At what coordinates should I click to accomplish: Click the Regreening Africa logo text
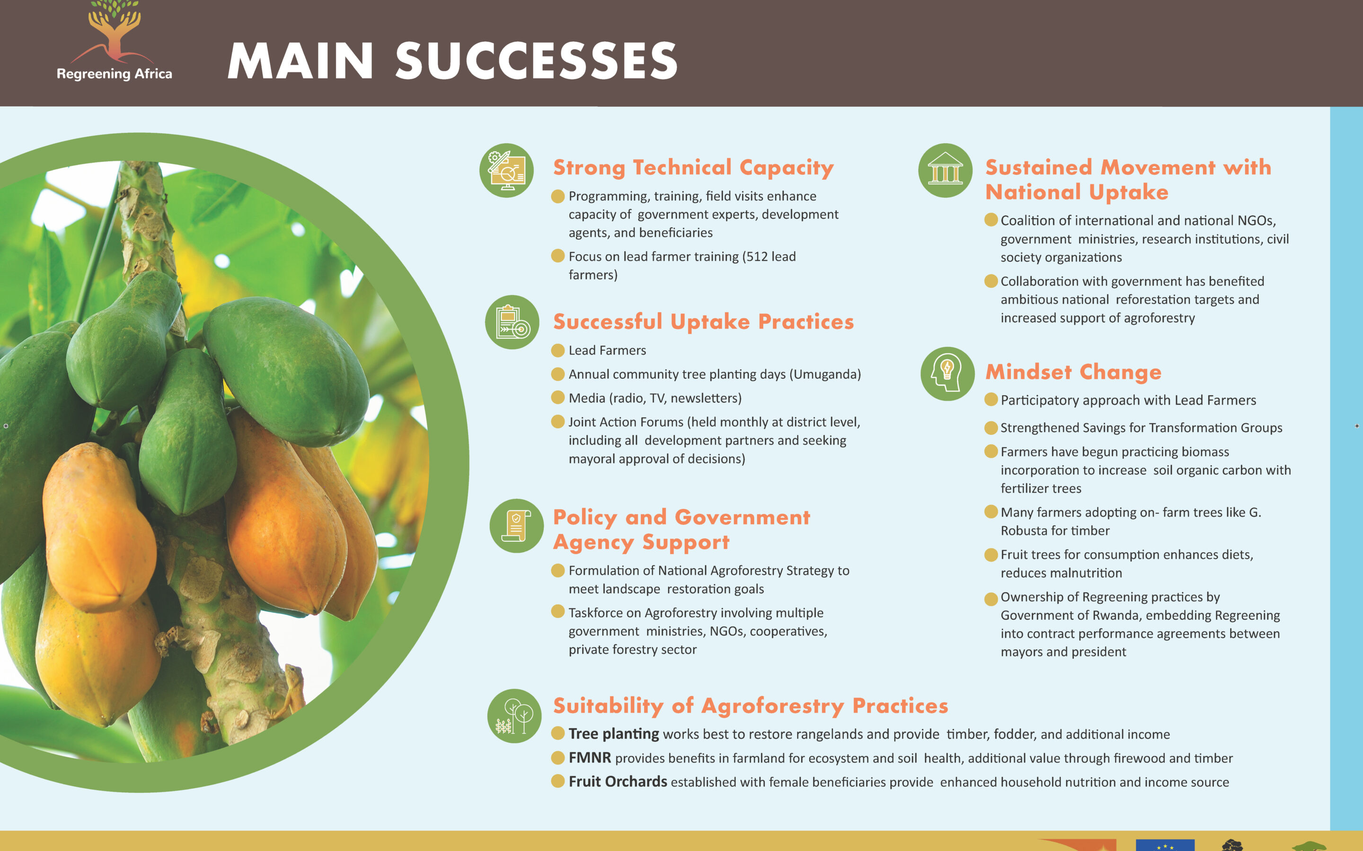click(115, 74)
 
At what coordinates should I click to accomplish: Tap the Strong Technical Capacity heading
click(693, 168)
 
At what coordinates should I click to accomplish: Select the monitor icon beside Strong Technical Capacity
click(507, 171)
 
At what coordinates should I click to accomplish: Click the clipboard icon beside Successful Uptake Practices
click(513, 322)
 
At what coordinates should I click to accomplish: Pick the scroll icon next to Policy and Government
click(516, 526)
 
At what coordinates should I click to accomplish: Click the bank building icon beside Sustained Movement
click(946, 171)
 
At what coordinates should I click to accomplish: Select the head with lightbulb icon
click(947, 373)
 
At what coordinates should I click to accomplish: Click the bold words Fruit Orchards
click(618, 782)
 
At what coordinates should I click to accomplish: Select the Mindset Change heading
click(1073, 372)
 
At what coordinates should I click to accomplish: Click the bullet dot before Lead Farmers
click(558, 351)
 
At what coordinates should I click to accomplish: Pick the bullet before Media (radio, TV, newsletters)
click(558, 398)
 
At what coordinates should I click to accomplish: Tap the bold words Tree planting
click(614, 734)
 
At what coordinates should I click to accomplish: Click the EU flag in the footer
click(1165, 845)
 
